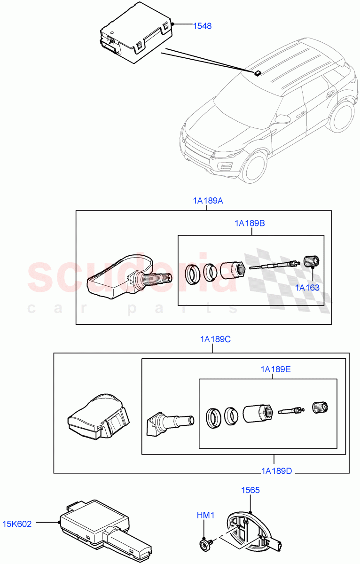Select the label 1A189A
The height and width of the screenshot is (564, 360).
click(x=208, y=201)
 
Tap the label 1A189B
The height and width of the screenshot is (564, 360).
click(x=250, y=223)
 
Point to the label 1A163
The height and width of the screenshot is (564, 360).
click(x=307, y=288)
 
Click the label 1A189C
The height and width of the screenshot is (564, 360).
click(x=215, y=339)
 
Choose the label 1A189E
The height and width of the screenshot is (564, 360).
click(x=275, y=369)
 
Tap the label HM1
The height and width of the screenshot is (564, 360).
click(x=205, y=516)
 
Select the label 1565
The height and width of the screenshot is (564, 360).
click(x=250, y=490)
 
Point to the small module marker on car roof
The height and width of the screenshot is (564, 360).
click(x=258, y=73)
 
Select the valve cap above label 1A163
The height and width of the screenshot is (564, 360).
click(x=312, y=261)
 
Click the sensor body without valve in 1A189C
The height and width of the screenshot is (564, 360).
click(x=98, y=417)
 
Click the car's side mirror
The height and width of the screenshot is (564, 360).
click(x=282, y=118)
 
